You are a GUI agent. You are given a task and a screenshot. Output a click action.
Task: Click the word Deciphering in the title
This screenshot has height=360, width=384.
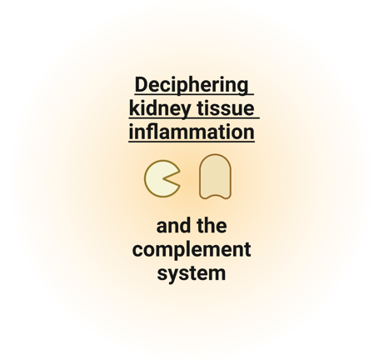point(192,86)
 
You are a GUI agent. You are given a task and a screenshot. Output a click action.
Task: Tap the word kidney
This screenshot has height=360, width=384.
point(160,108)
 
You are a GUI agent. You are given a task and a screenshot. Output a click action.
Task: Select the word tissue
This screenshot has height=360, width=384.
point(226,108)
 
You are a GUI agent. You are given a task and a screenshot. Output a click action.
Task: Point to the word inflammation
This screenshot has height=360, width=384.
point(192,132)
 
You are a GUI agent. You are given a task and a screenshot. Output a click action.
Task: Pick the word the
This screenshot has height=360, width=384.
point(212,226)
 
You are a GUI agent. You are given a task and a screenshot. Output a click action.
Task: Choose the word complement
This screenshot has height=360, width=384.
point(192,250)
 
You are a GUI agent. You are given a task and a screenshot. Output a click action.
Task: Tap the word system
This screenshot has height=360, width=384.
point(192,274)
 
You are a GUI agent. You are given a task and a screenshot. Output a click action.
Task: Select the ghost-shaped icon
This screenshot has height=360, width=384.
point(215,177)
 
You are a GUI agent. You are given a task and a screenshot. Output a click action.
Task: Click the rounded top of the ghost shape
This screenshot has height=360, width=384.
point(215,155)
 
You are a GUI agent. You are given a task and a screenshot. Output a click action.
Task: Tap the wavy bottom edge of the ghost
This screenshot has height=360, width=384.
point(215,197)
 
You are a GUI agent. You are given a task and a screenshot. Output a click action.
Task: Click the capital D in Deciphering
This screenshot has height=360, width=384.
point(141,85)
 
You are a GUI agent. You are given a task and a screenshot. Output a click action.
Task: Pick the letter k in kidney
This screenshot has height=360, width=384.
point(135,108)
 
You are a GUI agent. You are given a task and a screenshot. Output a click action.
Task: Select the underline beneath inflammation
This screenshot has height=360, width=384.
point(192,142)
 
